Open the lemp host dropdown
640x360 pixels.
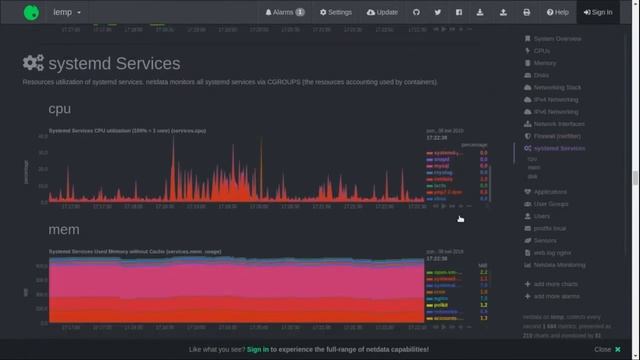click(x=67, y=12)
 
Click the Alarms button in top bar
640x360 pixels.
click(x=285, y=12)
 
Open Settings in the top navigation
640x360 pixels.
click(x=335, y=12)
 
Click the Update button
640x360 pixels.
click(x=382, y=12)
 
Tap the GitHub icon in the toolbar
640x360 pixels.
click(x=417, y=12)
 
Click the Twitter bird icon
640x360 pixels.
click(x=438, y=12)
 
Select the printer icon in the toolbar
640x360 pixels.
click(x=527, y=12)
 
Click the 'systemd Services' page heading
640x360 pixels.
click(x=113, y=64)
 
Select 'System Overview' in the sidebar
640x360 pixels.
click(x=557, y=39)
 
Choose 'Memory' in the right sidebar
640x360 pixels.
click(x=545, y=63)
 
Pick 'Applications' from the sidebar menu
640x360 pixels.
click(x=550, y=192)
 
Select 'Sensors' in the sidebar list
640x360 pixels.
click(x=545, y=240)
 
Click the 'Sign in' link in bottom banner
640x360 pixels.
click(x=258, y=350)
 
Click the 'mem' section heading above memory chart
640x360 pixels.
click(x=64, y=230)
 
